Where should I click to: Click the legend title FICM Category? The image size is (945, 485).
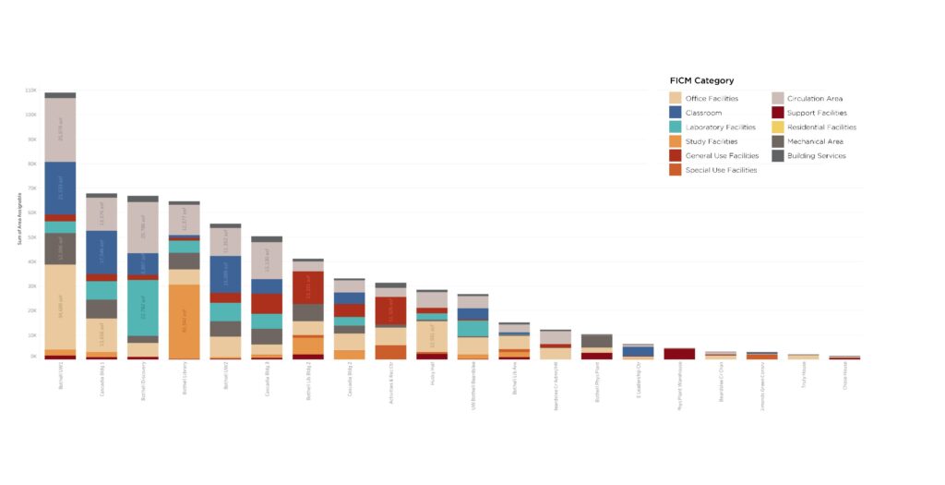pyautogui.click(x=701, y=80)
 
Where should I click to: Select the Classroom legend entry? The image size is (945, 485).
pyautogui.click(x=703, y=113)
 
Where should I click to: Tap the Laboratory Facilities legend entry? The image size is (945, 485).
pyautogui.click(x=720, y=127)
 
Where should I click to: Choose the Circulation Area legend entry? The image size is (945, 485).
pyautogui.click(x=814, y=98)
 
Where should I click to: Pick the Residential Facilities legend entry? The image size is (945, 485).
pyautogui.click(x=821, y=127)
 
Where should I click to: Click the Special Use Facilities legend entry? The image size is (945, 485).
pyautogui.click(x=721, y=170)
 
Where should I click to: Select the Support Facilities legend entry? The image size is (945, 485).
pyautogui.click(x=816, y=113)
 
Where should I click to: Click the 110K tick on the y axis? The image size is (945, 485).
pyautogui.click(x=30, y=91)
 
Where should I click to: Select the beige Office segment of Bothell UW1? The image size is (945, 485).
pyautogui.click(x=60, y=307)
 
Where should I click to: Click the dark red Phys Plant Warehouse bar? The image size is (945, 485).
pyautogui.click(x=679, y=353)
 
